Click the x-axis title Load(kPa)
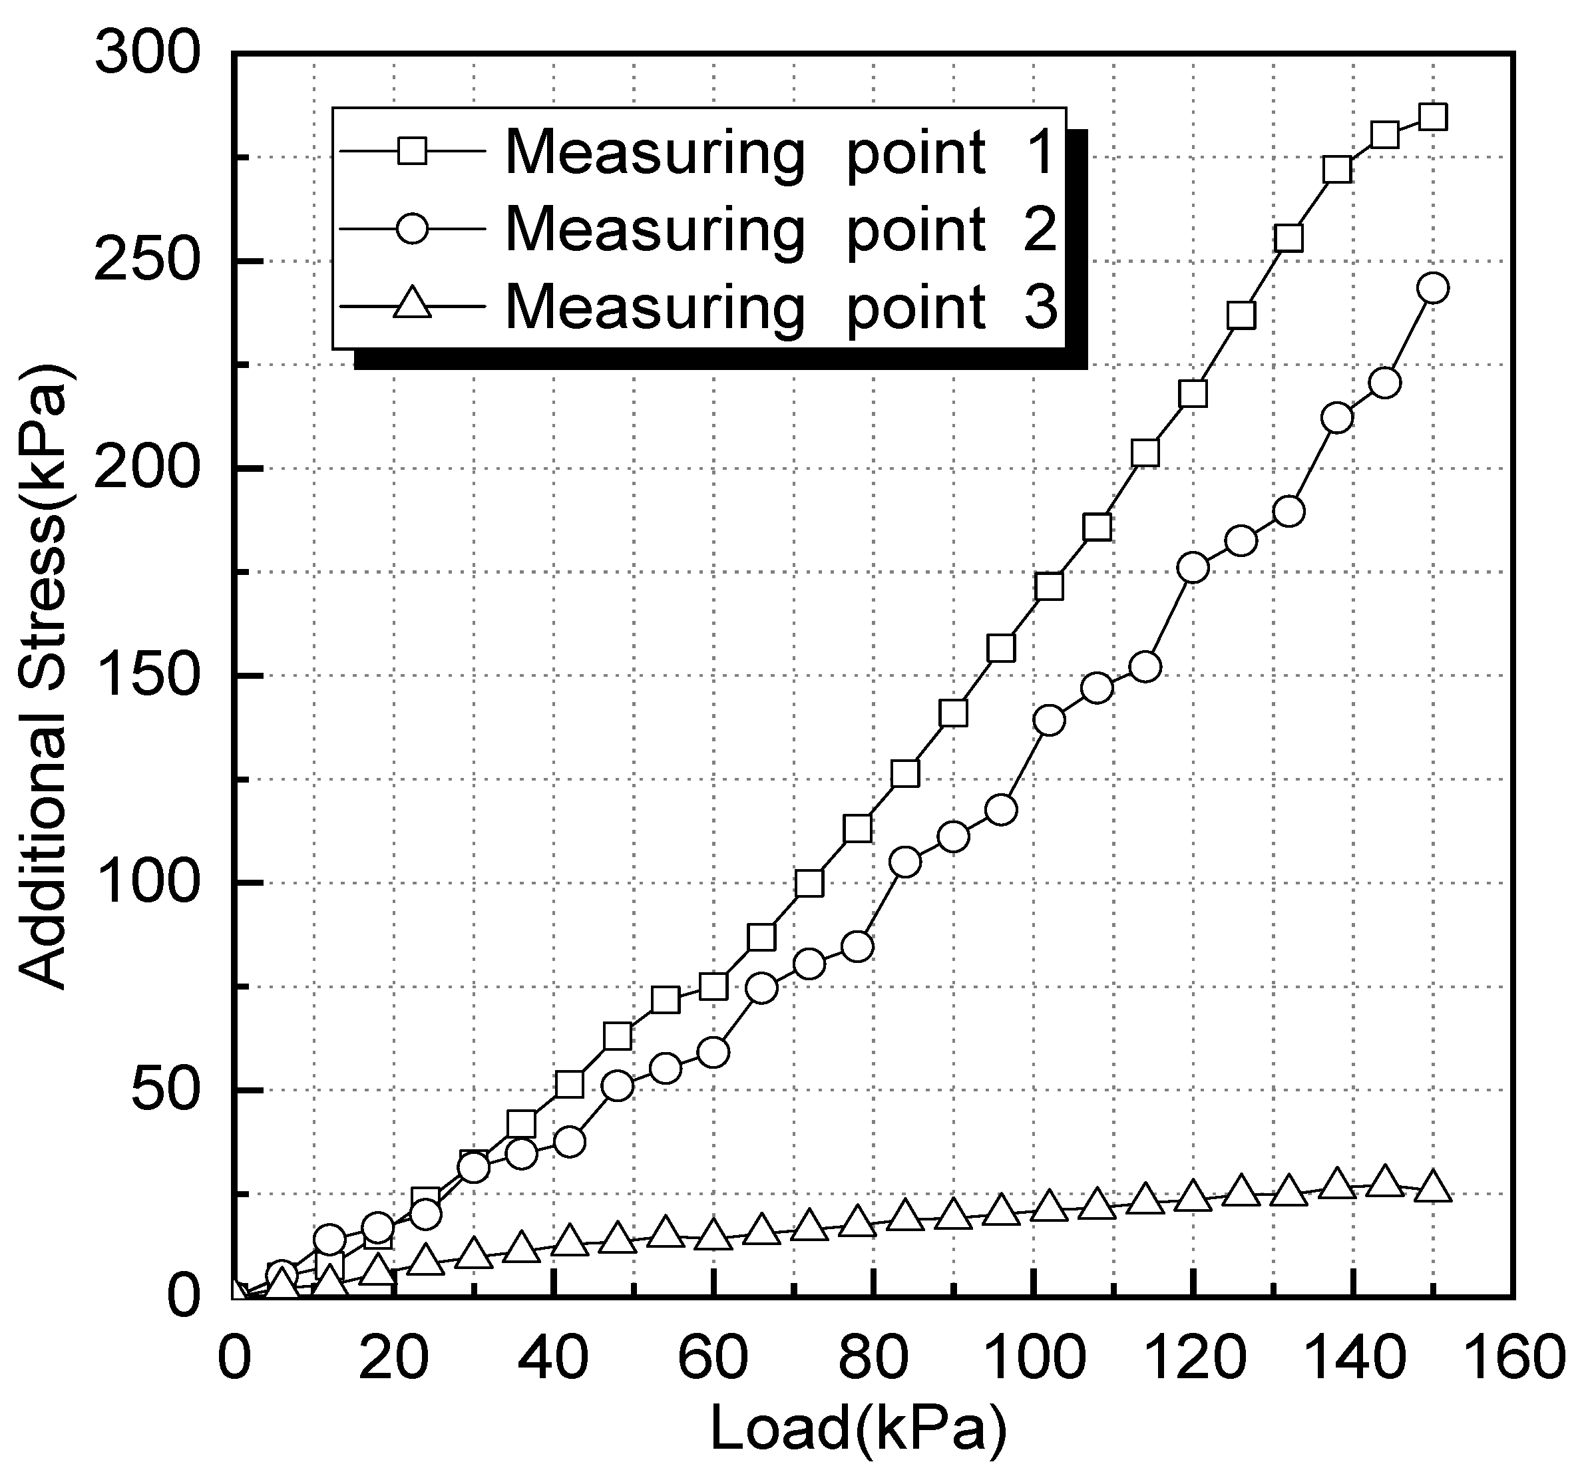(859, 1427)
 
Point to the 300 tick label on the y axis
(145, 55)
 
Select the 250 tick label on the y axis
(145, 261)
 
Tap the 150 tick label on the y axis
(145, 675)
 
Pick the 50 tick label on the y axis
(164, 1090)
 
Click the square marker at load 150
(1433, 117)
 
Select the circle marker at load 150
(1433, 288)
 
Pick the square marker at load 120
(1193, 394)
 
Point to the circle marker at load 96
(1001, 810)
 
